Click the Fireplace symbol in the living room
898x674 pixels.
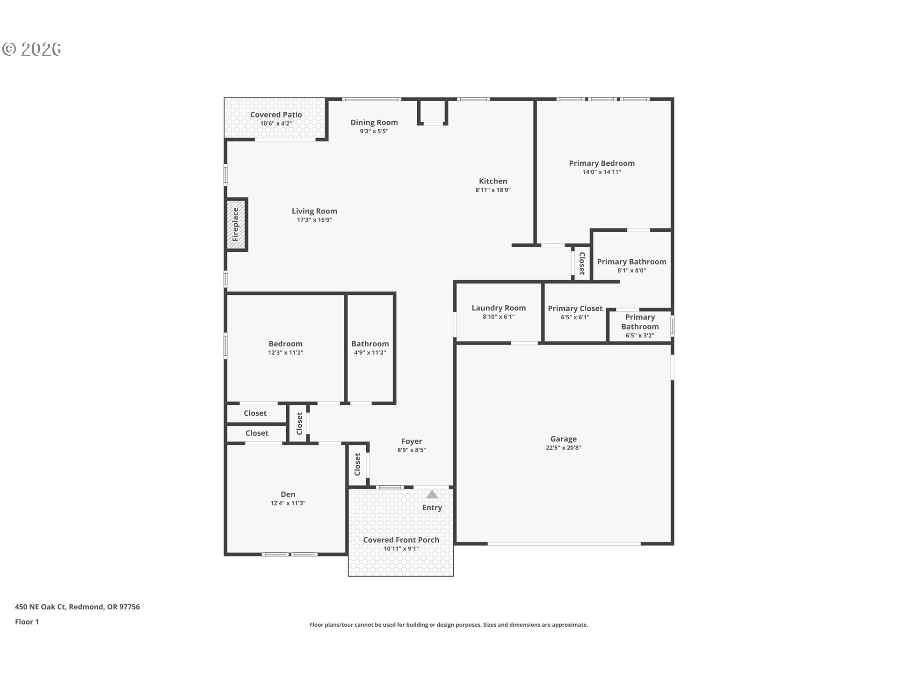pyautogui.click(x=237, y=225)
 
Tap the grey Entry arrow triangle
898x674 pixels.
pyautogui.click(x=432, y=494)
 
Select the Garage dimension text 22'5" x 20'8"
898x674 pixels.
pyautogui.click(x=563, y=447)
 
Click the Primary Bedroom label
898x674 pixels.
pyautogui.click(x=601, y=163)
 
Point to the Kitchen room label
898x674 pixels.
pyautogui.click(x=493, y=181)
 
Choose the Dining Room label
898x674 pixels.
pyautogui.click(x=374, y=123)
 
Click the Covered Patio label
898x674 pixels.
pyautogui.click(x=276, y=115)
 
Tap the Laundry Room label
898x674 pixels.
pyautogui.click(x=499, y=308)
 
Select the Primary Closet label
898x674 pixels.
pyautogui.click(x=575, y=308)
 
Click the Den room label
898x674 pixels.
pyautogui.click(x=288, y=494)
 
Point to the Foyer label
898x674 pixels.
pyautogui.click(x=412, y=441)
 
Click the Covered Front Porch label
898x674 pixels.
pyautogui.click(x=401, y=540)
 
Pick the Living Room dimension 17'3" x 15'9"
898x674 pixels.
pyautogui.click(x=314, y=220)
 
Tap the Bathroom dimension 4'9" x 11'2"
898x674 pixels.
pyautogui.click(x=370, y=352)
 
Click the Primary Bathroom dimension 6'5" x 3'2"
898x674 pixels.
pyautogui.click(x=640, y=335)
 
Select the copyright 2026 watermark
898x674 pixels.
pyautogui.click(x=32, y=49)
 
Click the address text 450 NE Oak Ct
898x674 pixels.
pyautogui.click(x=41, y=607)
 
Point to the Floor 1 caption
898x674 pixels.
pyautogui.click(x=27, y=622)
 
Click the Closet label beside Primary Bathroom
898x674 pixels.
pyautogui.click(x=582, y=264)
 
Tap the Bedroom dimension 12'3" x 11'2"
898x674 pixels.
pyautogui.click(x=285, y=352)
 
